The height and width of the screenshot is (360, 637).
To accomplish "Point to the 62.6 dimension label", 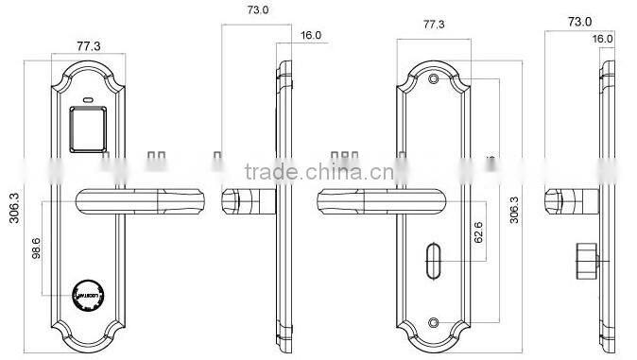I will [x=480, y=232].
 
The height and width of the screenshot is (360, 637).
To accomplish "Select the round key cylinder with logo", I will [x=86, y=294].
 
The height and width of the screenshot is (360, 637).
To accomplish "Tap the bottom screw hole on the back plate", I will [x=433, y=324].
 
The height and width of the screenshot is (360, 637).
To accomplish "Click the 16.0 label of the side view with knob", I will [x=602, y=39].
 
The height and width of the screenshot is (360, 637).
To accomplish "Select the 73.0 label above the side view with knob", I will [x=578, y=20].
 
